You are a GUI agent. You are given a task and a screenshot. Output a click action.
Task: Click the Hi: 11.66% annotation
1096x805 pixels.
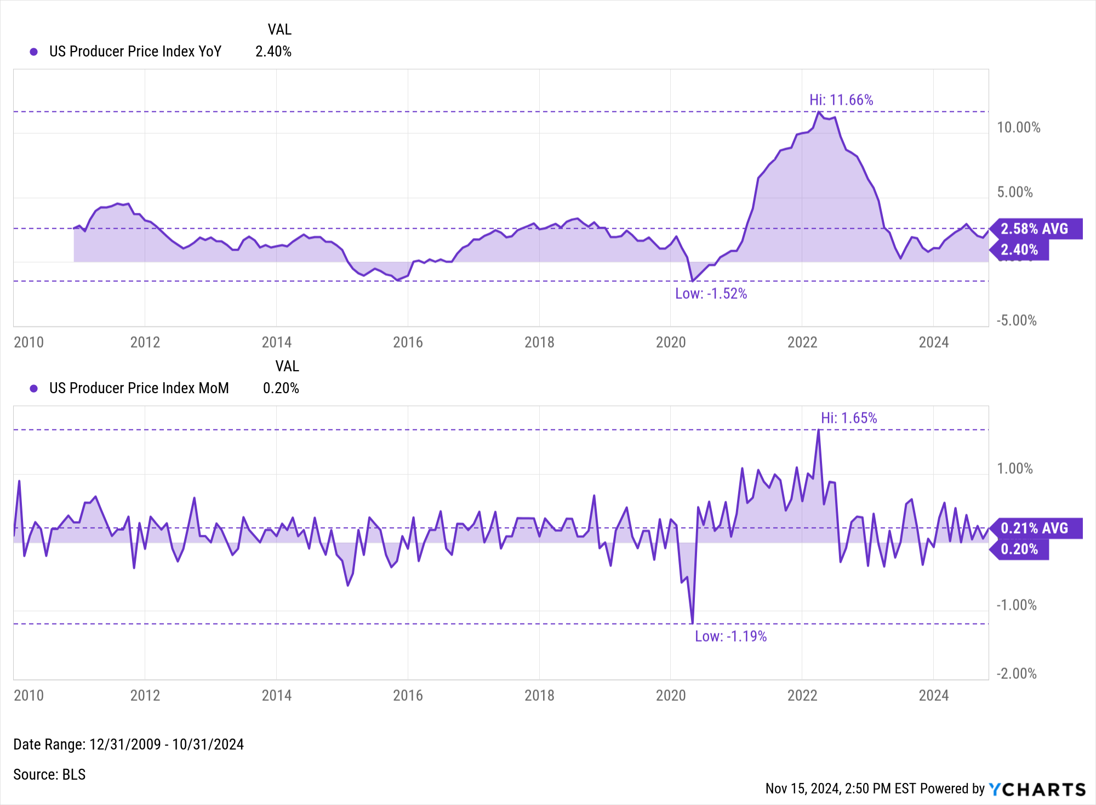(x=841, y=100)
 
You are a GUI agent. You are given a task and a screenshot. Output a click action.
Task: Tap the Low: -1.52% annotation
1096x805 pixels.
(x=711, y=293)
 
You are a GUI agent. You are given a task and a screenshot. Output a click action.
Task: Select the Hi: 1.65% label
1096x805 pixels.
(x=848, y=418)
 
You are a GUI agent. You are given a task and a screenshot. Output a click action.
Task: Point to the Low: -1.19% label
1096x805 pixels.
(x=730, y=636)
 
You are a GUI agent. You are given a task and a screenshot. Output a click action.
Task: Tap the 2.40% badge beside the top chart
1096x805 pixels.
(x=1020, y=250)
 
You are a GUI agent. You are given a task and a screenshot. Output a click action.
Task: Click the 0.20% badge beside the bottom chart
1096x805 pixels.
(x=1020, y=549)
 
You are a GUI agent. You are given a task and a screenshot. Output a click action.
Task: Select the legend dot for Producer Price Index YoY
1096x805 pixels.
(x=34, y=52)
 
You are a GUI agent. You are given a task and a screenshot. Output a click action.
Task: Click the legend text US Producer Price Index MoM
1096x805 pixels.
(x=139, y=388)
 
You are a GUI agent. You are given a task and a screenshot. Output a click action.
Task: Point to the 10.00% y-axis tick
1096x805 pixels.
(x=1018, y=128)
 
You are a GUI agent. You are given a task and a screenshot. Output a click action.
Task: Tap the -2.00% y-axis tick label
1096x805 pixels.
(x=1017, y=673)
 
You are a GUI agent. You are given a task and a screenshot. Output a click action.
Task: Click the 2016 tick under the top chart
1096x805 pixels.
(x=408, y=342)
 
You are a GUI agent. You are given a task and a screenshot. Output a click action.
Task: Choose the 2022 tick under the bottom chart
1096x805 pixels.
(x=802, y=695)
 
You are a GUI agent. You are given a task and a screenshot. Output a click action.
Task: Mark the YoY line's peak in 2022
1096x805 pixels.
(x=819, y=112)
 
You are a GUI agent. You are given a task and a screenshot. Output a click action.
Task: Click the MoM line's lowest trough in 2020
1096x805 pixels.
(x=693, y=623)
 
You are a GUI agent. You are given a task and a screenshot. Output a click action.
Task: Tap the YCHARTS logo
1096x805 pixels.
(x=1037, y=789)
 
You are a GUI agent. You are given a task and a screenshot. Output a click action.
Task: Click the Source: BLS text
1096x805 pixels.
(x=49, y=774)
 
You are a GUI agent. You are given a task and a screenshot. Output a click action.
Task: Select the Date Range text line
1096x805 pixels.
(x=128, y=744)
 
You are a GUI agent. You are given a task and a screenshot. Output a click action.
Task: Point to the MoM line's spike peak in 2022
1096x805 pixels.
(x=819, y=430)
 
